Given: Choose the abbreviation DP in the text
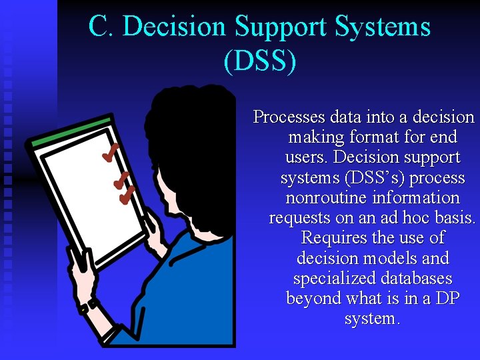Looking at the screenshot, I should point(447,299).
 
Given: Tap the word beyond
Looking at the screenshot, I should point(313,299).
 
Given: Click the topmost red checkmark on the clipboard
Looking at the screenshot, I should point(111,153).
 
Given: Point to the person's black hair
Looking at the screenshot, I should point(193,127).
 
